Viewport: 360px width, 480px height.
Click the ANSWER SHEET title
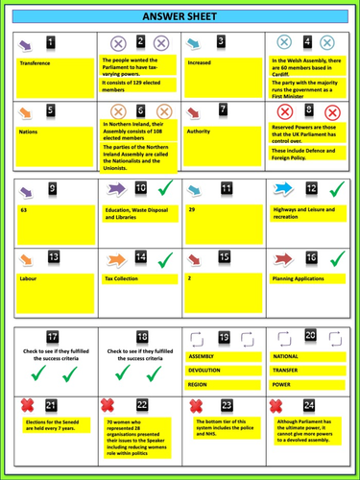point(180,16)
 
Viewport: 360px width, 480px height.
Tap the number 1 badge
point(51,42)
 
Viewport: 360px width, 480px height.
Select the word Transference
point(36,63)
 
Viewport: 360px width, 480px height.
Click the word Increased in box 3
point(200,63)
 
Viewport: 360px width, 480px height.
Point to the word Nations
point(29,132)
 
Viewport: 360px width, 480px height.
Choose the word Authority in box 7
point(198,132)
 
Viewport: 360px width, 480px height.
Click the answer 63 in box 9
point(24,207)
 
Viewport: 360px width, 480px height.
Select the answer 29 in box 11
point(192,207)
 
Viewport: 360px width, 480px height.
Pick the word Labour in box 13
point(30,278)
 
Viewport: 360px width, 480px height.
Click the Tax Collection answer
point(127,278)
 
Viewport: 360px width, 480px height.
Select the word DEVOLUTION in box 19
point(204,370)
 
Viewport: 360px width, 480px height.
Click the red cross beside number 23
point(197,406)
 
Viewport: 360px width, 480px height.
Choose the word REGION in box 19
point(198,384)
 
